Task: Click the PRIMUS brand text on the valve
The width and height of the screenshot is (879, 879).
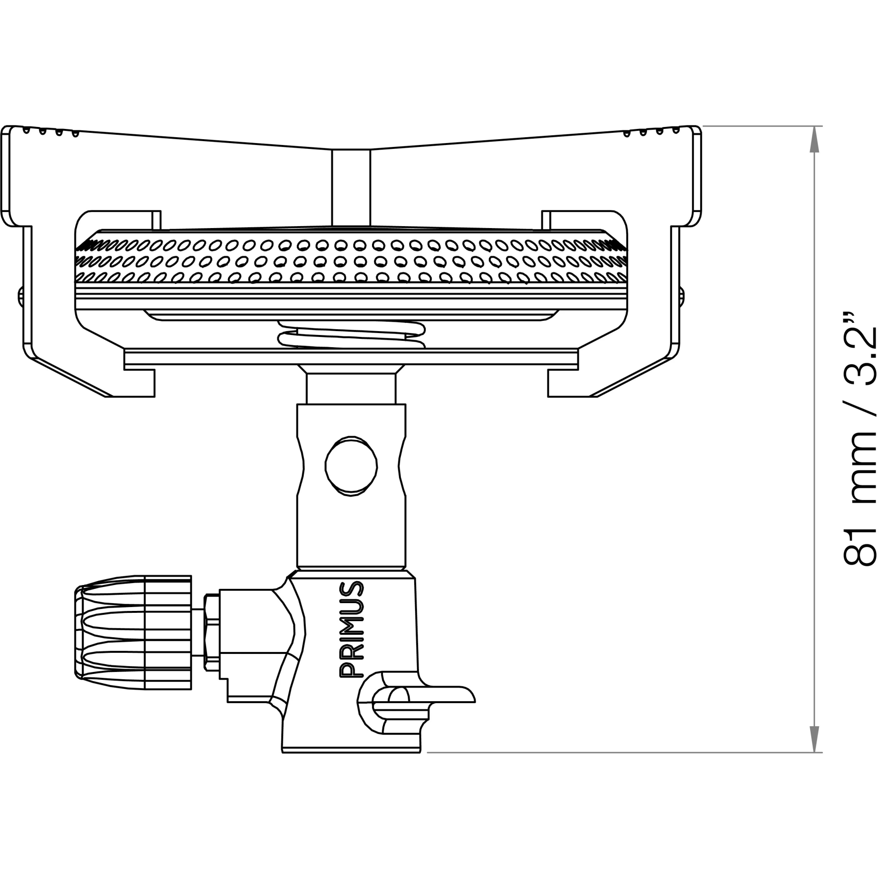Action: [352, 629]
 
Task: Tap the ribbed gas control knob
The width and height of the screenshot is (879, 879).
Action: [133, 633]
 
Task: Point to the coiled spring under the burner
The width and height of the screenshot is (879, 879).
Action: [352, 335]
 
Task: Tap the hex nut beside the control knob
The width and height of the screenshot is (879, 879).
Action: [211, 632]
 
